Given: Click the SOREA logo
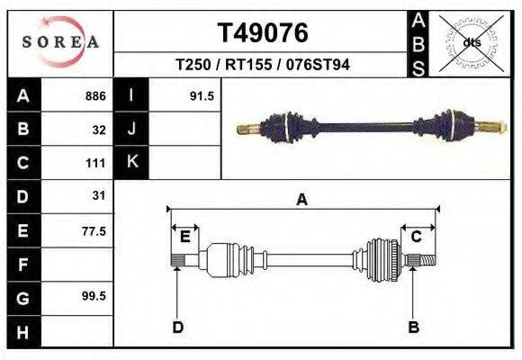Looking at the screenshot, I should click(60, 42).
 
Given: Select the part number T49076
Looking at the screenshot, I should click(263, 33).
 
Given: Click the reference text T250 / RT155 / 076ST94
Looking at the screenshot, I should click(263, 66).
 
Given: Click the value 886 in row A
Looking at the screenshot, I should click(95, 96).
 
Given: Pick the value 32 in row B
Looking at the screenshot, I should click(99, 130).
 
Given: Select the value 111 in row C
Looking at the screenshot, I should click(96, 164).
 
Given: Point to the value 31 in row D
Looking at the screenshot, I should click(99, 196).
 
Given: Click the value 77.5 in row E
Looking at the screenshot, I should click(94, 231).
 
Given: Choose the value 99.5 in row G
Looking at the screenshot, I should click(94, 296).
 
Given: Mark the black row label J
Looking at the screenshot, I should click(132, 130).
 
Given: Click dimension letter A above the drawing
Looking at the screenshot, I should click(302, 200).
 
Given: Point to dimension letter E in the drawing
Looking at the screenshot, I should click(184, 237).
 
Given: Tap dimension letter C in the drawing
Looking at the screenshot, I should click(417, 237).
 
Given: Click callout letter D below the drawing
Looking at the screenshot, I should click(177, 327).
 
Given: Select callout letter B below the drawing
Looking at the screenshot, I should click(413, 327).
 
